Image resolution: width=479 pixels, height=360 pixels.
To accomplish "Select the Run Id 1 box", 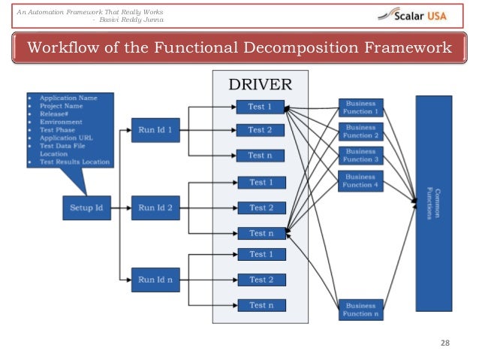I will coord(154,129).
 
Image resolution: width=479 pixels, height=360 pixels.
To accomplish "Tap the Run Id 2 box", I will coord(154,207).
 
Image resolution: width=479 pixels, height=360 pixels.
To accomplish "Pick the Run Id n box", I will coord(154,280).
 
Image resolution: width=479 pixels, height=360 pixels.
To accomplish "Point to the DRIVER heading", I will coord(260,83).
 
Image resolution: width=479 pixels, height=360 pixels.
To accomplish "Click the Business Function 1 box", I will coord(361,106).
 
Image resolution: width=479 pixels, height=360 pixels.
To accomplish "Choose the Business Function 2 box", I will coord(361,131).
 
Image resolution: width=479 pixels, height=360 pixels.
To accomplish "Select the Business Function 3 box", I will coord(361,155).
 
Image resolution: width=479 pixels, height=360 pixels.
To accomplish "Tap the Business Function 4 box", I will coord(361,180).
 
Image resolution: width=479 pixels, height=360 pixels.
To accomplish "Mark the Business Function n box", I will coord(361,308).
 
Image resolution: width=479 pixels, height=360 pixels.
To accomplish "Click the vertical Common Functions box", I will coord(432,202).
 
